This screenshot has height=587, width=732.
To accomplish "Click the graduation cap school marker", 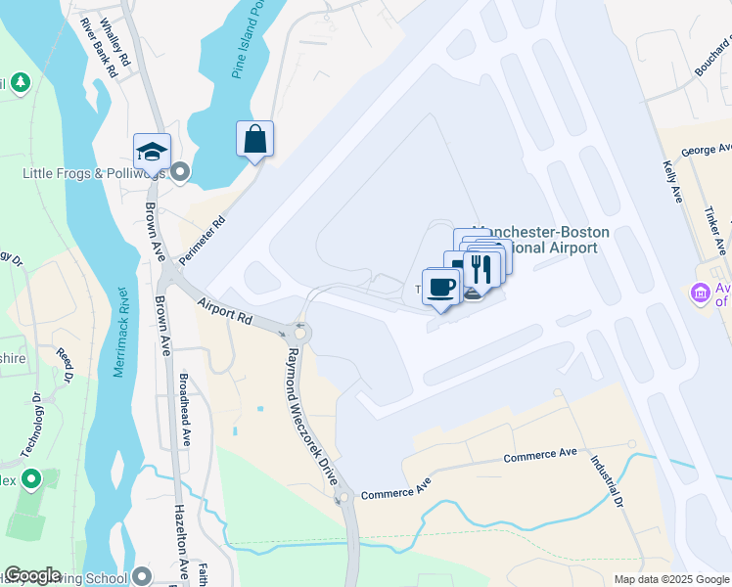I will click(x=152, y=153).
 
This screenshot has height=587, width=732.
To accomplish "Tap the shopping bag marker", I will click(x=254, y=139).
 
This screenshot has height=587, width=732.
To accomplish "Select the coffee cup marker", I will click(x=440, y=287).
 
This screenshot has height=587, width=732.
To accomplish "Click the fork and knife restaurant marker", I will click(x=480, y=266).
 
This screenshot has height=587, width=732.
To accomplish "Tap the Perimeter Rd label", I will click(x=206, y=236).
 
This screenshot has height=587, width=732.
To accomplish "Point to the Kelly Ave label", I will click(x=672, y=181).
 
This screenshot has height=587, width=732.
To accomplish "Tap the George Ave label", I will click(x=707, y=150).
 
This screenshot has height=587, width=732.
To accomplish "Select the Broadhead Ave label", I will click(x=185, y=409).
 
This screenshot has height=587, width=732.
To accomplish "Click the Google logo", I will click(x=32, y=575).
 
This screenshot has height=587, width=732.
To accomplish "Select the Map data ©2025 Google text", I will click(x=670, y=579).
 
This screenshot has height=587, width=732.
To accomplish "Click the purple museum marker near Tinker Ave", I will click(x=700, y=293).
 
